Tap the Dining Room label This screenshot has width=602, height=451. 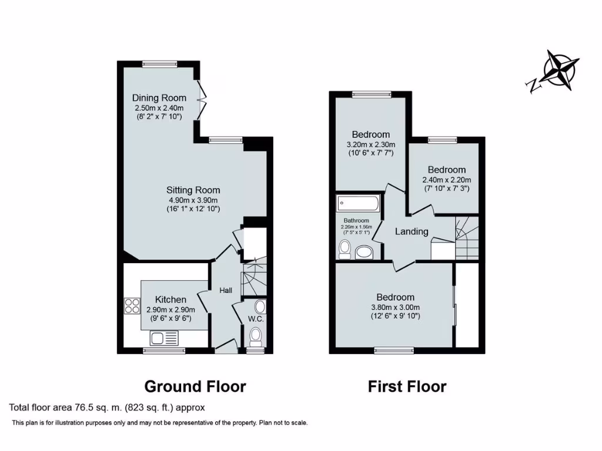(x=159, y=98)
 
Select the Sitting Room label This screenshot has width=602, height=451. (x=193, y=190)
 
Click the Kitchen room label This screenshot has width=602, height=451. (x=171, y=299)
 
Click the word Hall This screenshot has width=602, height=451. (x=226, y=290)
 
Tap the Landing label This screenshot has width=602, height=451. (x=412, y=231)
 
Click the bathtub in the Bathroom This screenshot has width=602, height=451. (x=358, y=204)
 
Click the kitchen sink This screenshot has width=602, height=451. (x=164, y=338)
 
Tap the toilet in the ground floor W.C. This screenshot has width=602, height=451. (x=256, y=336)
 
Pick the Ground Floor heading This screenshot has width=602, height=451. (x=195, y=386)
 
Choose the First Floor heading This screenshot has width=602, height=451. (x=407, y=386)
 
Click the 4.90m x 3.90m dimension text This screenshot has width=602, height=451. (x=193, y=200)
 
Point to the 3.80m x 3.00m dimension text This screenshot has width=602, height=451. (x=395, y=307)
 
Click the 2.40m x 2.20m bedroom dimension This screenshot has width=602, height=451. (x=447, y=180)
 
